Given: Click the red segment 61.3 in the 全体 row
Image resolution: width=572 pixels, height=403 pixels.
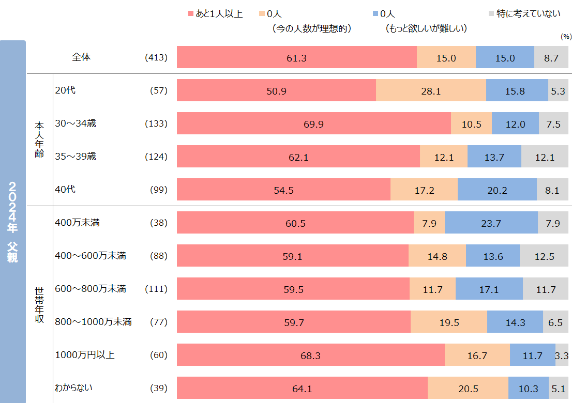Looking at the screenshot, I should tap(296, 57).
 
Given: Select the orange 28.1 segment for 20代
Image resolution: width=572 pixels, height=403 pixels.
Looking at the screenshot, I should tap(431, 90).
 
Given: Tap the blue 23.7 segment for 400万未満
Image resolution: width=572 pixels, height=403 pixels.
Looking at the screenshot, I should tap(489, 223).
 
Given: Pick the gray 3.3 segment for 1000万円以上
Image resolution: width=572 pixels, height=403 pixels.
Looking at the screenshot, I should tap(562, 355).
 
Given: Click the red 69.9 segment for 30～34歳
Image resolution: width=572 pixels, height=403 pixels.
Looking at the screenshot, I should tap(313, 123).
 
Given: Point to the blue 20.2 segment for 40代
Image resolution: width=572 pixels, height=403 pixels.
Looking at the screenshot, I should tap(497, 190).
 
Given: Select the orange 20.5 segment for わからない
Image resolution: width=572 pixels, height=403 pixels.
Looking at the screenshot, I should tap(468, 388).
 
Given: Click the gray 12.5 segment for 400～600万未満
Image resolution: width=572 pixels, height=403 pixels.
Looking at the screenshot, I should tap(544, 256).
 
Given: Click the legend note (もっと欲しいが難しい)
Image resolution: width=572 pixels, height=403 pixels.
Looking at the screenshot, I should tap(426, 29).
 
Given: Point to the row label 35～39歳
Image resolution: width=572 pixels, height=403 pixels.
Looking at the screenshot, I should tap(76, 157).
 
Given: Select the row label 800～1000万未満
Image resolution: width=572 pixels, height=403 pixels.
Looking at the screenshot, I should tap(93, 322).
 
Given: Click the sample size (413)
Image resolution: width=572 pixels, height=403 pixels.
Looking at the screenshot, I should tap(157, 57).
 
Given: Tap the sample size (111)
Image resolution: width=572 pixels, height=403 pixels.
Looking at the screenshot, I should tap(157, 289).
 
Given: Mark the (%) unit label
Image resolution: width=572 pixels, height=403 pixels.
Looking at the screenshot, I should tap(565, 37).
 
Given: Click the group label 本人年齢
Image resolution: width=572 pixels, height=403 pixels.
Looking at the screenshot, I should tap(39, 139).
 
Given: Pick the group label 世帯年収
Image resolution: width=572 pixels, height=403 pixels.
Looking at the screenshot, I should tap(39, 305).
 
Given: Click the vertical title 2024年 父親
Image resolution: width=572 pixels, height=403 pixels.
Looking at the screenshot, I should tap(13, 222).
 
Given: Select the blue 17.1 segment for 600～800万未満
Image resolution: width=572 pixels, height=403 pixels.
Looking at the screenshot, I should tap(489, 289).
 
